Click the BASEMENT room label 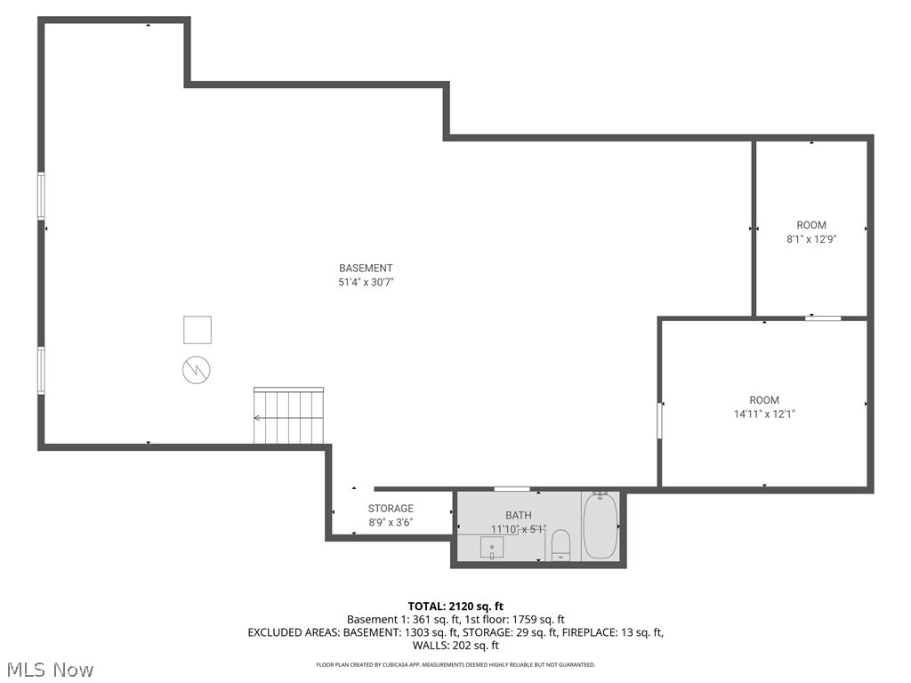pyautogui.click(x=366, y=268)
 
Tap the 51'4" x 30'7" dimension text pyautogui.click(x=366, y=282)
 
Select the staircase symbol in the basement pyautogui.click(x=289, y=416)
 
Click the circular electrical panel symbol pyautogui.click(x=197, y=369)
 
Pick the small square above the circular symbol pyautogui.click(x=198, y=330)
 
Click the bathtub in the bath pyautogui.click(x=600, y=526)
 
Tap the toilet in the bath pyautogui.click(x=560, y=543)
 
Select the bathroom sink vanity pyautogui.click(x=492, y=547)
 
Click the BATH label pyautogui.click(x=519, y=515)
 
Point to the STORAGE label pyautogui.click(x=391, y=509)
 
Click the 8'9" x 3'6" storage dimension pyautogui.click(x=391, y=523)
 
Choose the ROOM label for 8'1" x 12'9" pyautogui.click(x=811, y=225)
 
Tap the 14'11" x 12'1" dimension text pyautogui.click(x=764, y=414)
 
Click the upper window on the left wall pyautogui.click(x=41, y=196)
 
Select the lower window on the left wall pyautogui.click(x=41, y=370)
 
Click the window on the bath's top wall pyautogui.click(x=512, y=488)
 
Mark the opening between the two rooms pyautogui.click(x=823, y=317)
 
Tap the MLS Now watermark pyautogui.click(x=49, y=669)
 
